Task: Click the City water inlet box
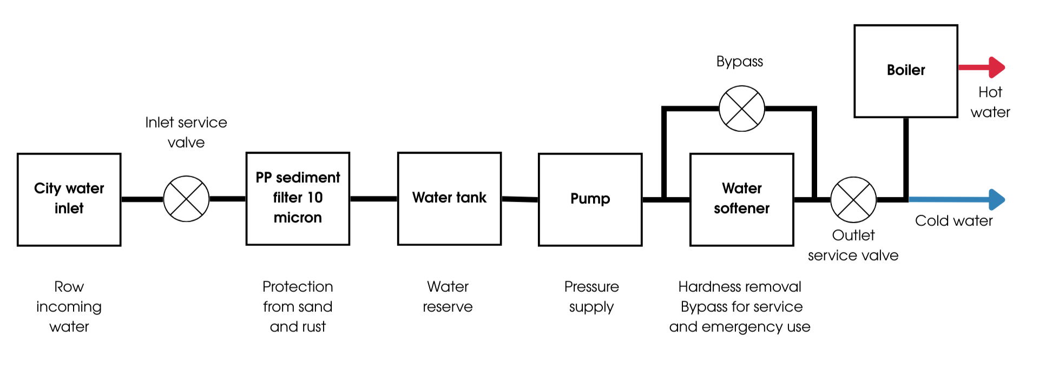(x=69, y=199)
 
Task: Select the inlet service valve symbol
(x=186, y=199)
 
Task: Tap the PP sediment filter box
(x=298, y=198)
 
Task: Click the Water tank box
(x=449, y=198)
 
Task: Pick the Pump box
(x=590, y=199)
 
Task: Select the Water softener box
(x=741, y=199)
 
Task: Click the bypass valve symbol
(x=741, y=109)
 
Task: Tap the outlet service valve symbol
(x=853, y=199)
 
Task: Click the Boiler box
(x=906, y=71)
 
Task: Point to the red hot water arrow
(x=982, y=68)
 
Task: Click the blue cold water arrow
(x=958, y=199)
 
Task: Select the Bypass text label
(x=739, y=62)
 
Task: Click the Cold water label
(x=953, y=220)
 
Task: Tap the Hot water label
(x=990, y=102)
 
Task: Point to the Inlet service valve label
(x=186, y=132)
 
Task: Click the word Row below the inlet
(x=69, y=286)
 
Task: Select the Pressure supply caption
(x=591, y=297)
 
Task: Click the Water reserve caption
(x=448, y=297)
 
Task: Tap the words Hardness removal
(x=740, y=286)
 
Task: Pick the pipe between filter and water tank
(x=373, y=199)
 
